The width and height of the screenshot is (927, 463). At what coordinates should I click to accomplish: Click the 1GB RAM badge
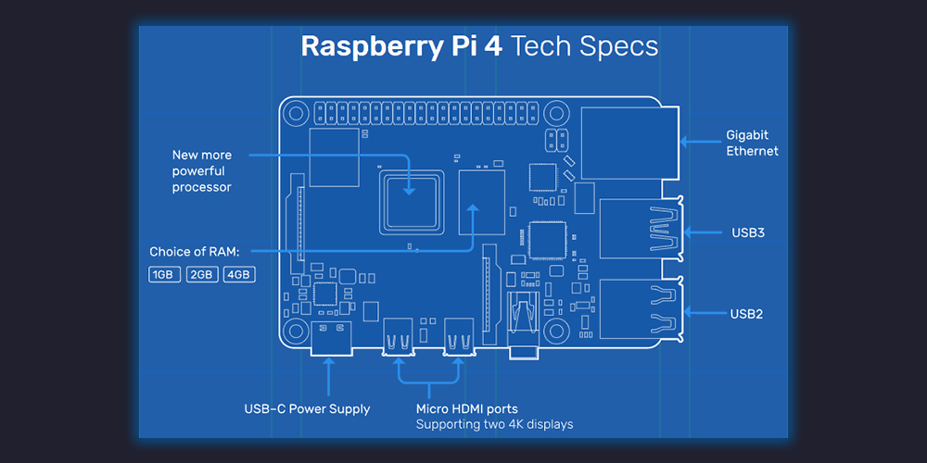click(x=164, y=275)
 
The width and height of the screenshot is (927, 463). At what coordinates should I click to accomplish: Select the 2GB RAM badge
click(x=202, y=275)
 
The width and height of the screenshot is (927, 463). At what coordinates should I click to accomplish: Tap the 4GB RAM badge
click(x=238, y=275)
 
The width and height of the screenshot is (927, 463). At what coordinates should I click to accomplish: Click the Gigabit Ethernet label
click(x=752, y=143)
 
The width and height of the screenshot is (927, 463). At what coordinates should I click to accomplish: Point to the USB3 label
click(x=747, y=232)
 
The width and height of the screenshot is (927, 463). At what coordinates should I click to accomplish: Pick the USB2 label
click(x=746, y=314)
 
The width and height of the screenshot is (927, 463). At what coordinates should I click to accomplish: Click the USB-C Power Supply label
click(x=307, y=408)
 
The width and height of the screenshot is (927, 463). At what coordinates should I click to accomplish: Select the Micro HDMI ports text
click(x=466, y=408)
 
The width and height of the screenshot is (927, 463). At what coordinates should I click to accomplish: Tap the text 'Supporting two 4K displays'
click(x=494, y=425)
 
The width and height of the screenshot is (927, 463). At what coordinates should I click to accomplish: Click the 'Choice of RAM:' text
click(x=194, y=252)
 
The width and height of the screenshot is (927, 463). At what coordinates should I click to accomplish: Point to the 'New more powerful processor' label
click(x=202, y=170)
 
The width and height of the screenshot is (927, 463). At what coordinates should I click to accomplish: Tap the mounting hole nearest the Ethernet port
click(x=556, y=113)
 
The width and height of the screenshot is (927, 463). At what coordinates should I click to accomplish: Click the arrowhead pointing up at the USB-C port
click(x=327, y=364)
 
